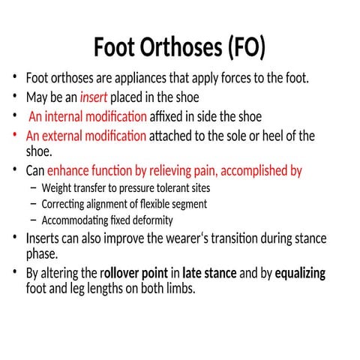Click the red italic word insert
click(x=94, y=97)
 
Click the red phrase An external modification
click(x=86, y=136)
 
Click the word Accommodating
click(x=77, y=220)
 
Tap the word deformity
click(x=153, y=220)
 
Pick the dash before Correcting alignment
click(x=34, y=204)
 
